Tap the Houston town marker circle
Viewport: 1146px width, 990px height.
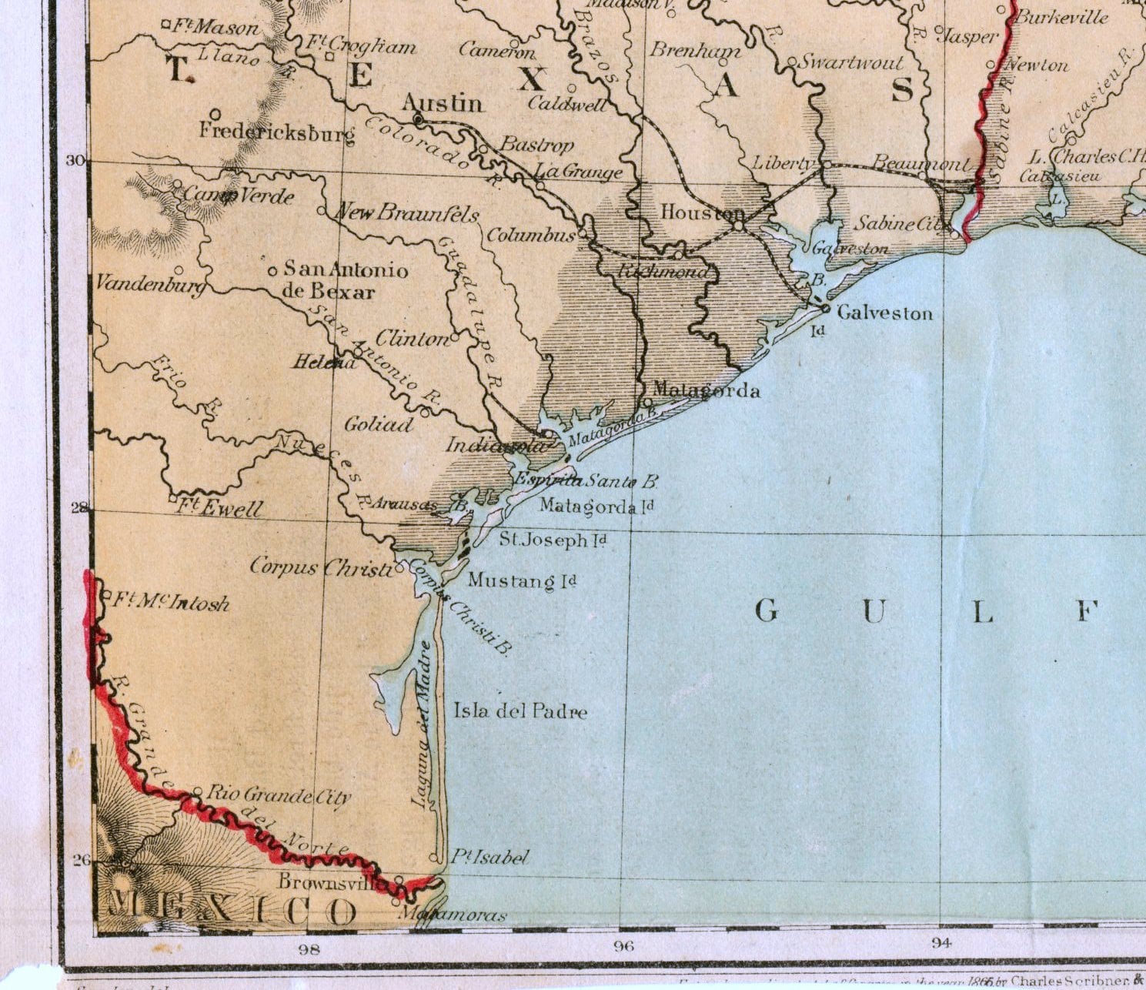tap(739, 226)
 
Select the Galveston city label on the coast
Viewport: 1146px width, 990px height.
tap(884, 313)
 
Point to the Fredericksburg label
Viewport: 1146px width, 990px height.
tap(277, 132)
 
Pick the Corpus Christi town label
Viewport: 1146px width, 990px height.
tap(321, 568)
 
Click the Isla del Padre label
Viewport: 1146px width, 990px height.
tap(520, 711)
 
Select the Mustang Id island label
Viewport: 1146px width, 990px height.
tap(522, 580)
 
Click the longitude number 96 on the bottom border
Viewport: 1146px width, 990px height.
tap(623, 947)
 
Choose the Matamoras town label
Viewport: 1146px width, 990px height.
tap(454, 915)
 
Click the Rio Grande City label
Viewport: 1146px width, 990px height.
tap(279, 796)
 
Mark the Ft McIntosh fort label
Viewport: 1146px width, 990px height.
tap(171, 601)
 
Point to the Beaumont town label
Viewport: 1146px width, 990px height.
tap(920, 163)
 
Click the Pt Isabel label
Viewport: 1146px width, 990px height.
tap(490, 858)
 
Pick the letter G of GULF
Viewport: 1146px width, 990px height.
tap(766, 612)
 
